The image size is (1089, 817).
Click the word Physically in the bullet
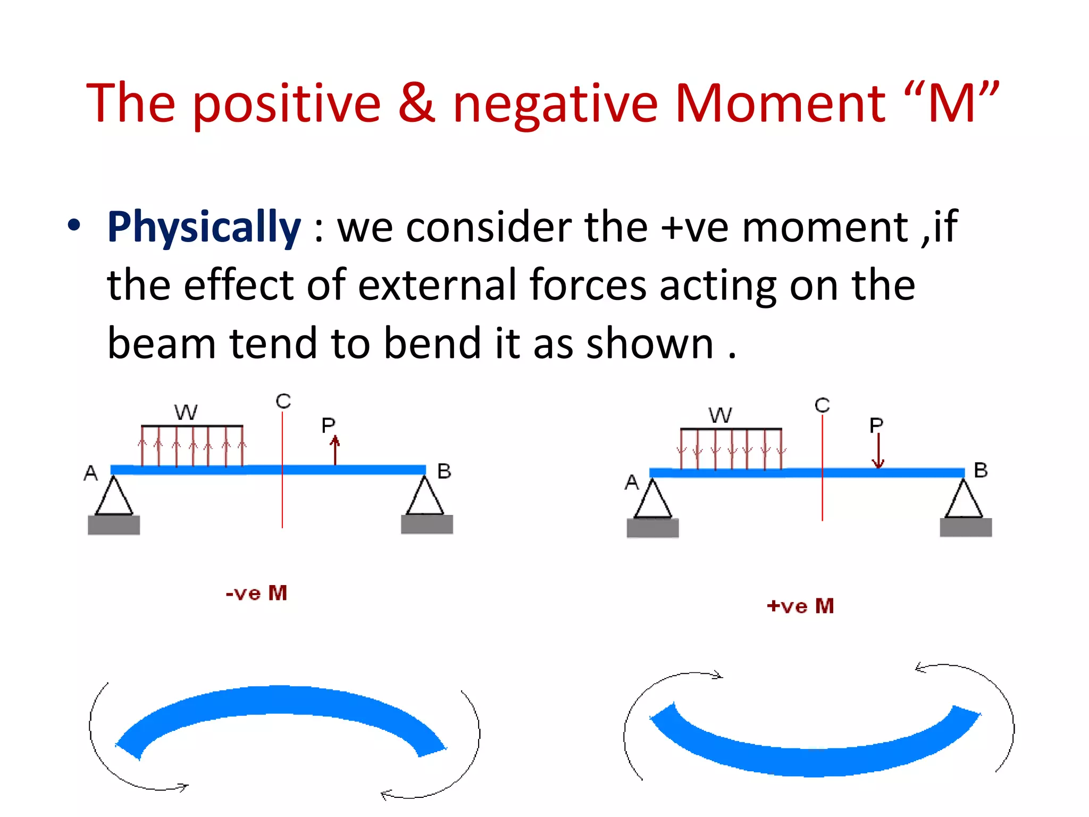pyautogui.click(x=204, y=228)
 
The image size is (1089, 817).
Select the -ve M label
pyautogui.click(x=256, y=593)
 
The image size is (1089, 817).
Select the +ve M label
pyautogui.click(x=800, y=606)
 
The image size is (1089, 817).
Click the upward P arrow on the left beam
pyautogui.click(x=335, y=449)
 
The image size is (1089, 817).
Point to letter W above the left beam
pyautogui.click(x=186, y=412)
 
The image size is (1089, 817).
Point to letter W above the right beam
pyautogui.click(x=721, y=415)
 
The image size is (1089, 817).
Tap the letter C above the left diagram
pyautogui.click(x=283, y=401)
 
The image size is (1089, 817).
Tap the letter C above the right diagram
pyautogui.click(x=822, y=405)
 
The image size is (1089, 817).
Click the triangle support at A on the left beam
pyautogui.click(x=114, y=497)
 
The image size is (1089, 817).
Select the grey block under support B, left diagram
pyautogui.click(x=426, y=524)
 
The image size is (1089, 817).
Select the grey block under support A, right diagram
pyautogui.click(x=652, y=528)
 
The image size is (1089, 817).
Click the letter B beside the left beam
pyautogui.click(x=444, y=471)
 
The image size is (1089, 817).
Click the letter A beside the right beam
pyautogui.click(x=631, y=482)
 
